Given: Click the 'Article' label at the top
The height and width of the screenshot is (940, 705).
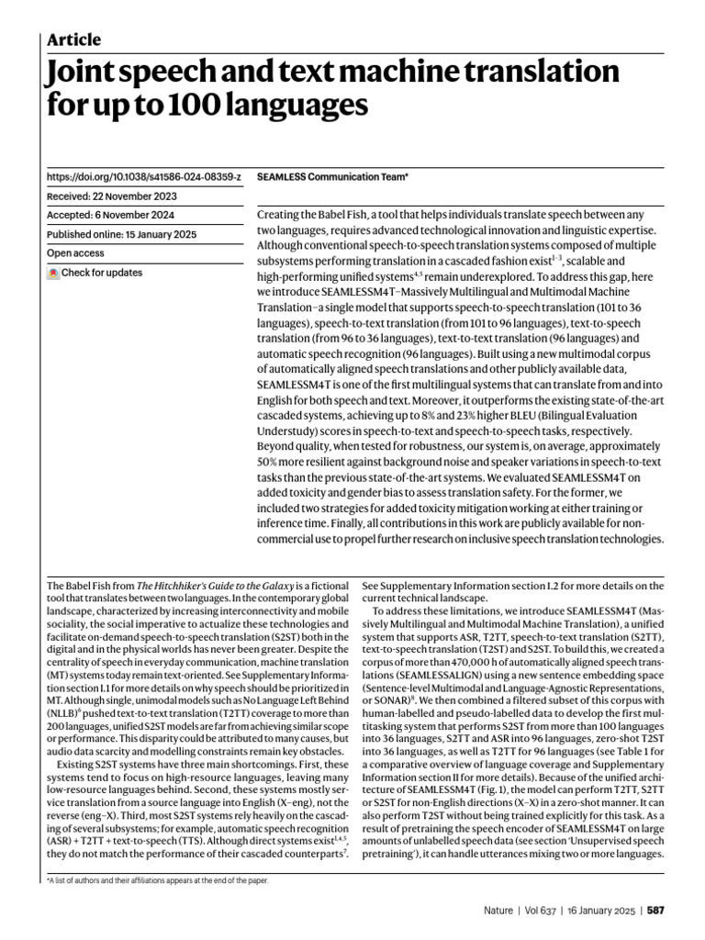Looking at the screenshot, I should coord(73,39).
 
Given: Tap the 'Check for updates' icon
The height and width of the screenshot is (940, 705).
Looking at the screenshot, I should coord(53,273).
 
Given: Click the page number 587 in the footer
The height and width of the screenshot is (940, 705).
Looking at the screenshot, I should coord(655,910).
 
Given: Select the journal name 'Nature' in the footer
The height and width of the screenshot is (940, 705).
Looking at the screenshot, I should coord(500,910).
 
